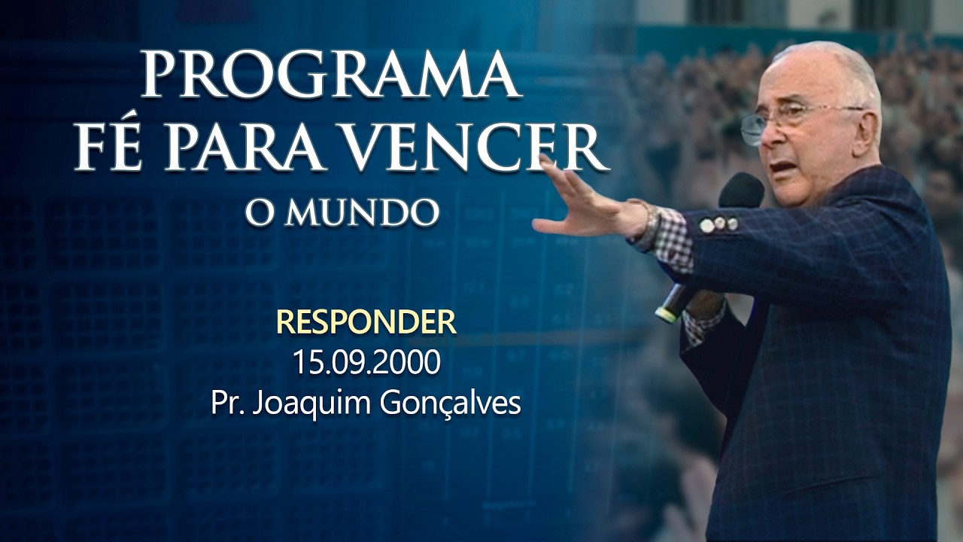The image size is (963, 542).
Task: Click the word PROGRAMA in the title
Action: [x=331, y=75]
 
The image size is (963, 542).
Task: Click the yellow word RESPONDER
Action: [x=366, y=322]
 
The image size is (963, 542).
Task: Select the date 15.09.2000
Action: [x=366, y=363]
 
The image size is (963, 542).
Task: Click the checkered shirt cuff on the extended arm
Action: [x=673, y=241]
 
